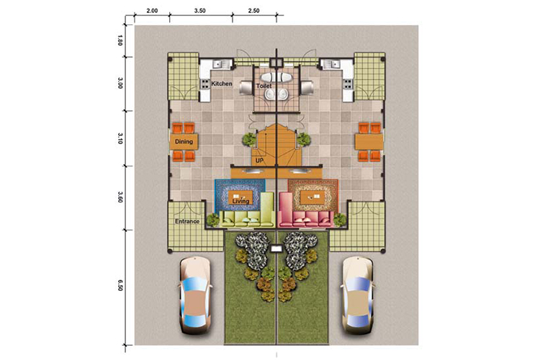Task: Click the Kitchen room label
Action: (x=222, y=84)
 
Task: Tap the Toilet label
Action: (x=264, y=86)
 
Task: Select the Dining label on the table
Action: (x=184, y=142)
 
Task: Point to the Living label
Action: (x=240, y=201)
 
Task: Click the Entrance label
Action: (x=187, y=221)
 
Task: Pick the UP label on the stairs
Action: (x=259, y=161)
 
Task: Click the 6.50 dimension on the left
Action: (x=120, y=286)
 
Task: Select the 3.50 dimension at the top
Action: (x=199, y=11)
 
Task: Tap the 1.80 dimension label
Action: (x=120, y=42)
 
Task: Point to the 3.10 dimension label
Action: (x=120, y=138)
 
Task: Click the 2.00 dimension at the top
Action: (x=152, y=11)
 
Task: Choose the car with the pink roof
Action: (x=194, y=296)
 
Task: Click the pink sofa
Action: (x=305, y=210)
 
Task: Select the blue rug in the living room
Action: (x=240, y=195)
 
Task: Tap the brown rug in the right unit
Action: (x=312, y=195)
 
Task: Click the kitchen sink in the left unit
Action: (x=218, y=64)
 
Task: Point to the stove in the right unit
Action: (x=348, y=84)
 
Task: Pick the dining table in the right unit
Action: (x=369, y=142)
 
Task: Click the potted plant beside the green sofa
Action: (x=212, y=220)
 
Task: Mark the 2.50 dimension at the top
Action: (x=254, y=11)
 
